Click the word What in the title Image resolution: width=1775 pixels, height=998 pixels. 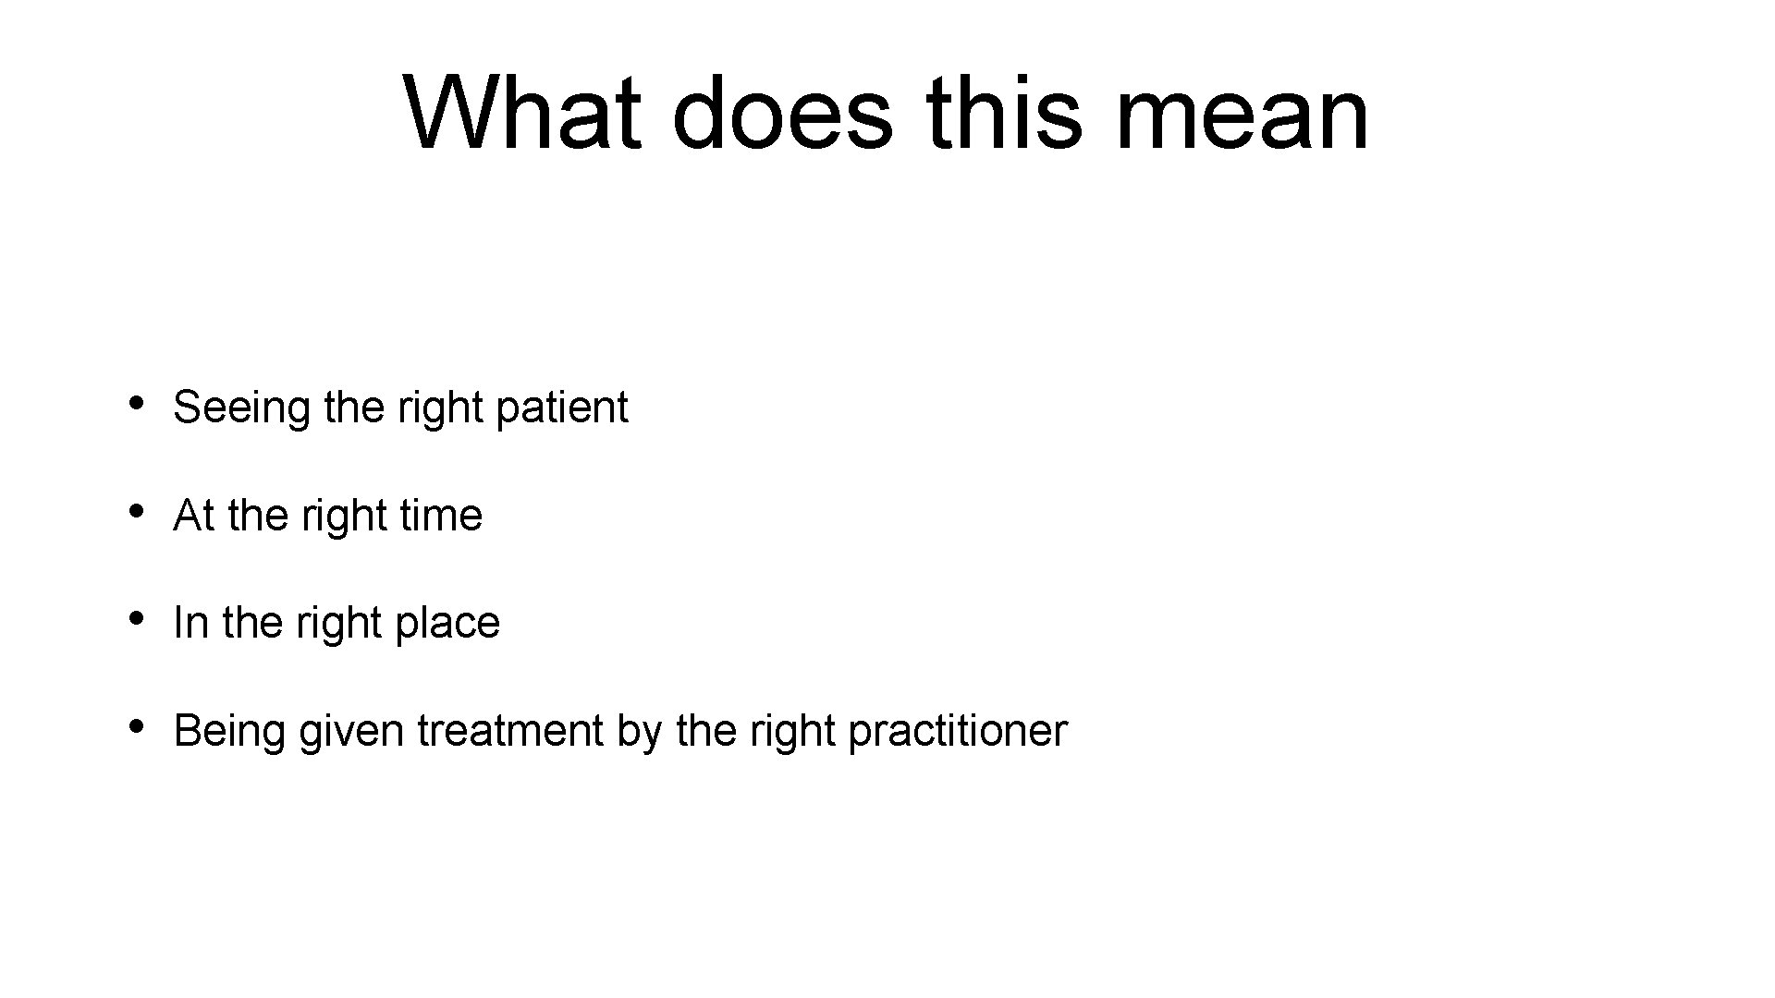(522, 114)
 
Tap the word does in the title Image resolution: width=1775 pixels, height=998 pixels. (783, 114)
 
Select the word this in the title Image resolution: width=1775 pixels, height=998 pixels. (1004, 114)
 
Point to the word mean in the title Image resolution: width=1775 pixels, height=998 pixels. (1242, 114)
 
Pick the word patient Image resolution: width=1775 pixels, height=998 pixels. (561, 408)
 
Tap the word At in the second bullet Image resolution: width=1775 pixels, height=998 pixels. (193, 516)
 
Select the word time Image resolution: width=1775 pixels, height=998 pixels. (441, 516)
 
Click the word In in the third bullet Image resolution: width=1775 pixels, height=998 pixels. (190, 623)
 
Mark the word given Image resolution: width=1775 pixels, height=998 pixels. (351, 732)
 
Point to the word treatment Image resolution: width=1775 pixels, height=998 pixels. (510, 731)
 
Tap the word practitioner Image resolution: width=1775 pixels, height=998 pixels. (957, 731)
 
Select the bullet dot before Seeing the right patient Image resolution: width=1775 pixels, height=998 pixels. (136, 403)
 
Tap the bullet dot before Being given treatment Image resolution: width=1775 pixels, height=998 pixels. (136, 725)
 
